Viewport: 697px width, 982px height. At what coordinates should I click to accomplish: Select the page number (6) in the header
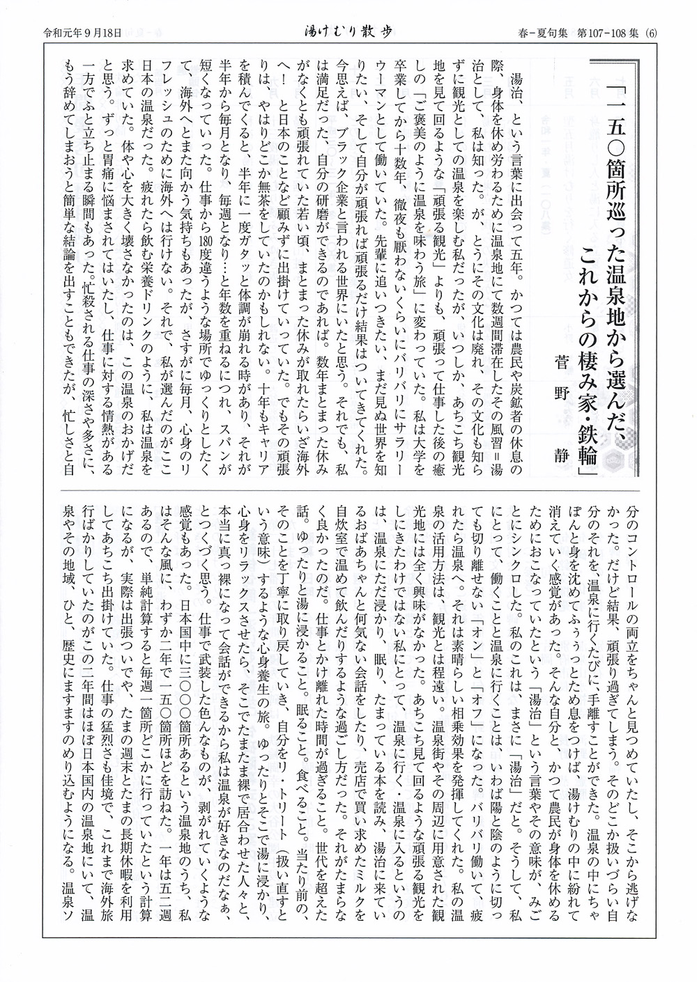(652, 31)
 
